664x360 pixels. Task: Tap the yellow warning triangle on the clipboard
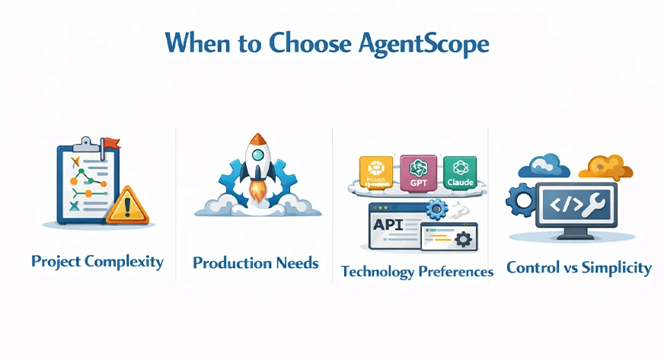pyautogui.click(x=127, y=205)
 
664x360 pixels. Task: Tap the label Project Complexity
pyautogui.click(x=97, y=262)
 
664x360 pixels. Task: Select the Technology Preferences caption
pyautogui.click(x=417, y=271)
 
